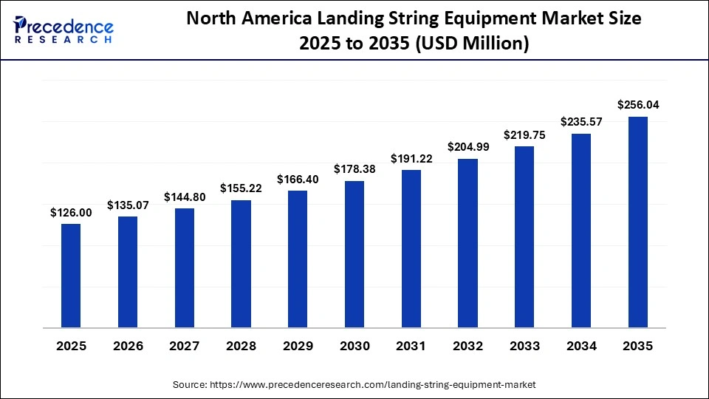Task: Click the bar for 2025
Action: pyautogui.click(x=71, y=275)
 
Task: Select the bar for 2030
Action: pyautogui.click(x=354, y=253)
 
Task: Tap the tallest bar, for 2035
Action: pyautogui.click(x=638, y=222)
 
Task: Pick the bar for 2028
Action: pyautogui.click(x=241, y=263)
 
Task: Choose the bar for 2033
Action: pyautogui.click(x=524, y=236)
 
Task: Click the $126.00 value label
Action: pyautogui.click(x=71, y=213)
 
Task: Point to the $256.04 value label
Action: pyautogui.click(x=638, y=106)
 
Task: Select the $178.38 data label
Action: pyautogui.click(x=354, y=170)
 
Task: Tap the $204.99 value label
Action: pyautogui.click(x=467, y=147)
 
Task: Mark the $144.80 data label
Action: pyautogui.click(x=184, y=197)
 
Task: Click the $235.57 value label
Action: pyautogui.click(x=581, y=122)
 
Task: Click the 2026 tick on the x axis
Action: pyautogui.click(x=128, y=346)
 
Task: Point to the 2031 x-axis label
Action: pyautogui.click(x=411, y=346)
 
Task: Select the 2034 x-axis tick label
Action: pyautogui.click(x=581, y=346)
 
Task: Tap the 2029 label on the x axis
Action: pyautogui.click(x=298, y=346)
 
